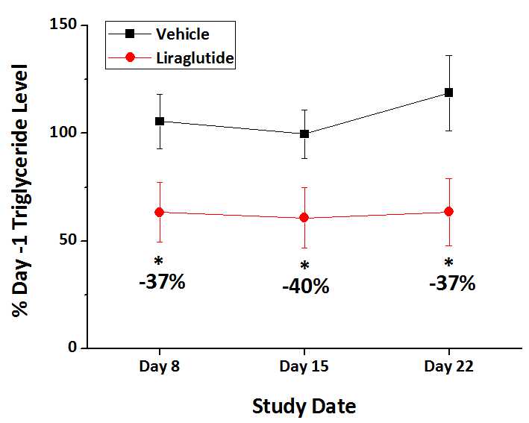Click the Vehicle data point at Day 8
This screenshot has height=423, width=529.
pyautogui.click(x=159, y=121)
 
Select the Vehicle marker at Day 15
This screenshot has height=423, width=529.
pyautogui.click(x=304, y=134)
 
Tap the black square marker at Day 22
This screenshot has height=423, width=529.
pyautogui.click(x=449, y=93)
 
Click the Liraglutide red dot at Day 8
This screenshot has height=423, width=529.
pyautogui.click(x=159, y=212)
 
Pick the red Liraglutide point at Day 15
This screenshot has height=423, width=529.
pyautogui.click(x=304, y=218)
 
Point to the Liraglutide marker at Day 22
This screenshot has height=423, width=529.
pyautogui.click(x=449, y=211)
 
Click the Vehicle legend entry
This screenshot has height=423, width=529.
pyautogui.click(x=182, y=34)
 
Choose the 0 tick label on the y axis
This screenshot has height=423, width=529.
pyautogui.click(x=73, y=348)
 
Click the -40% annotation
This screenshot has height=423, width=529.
pyautogui.click(x=305, y=286)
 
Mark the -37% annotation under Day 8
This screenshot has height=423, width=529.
pyautogui.click(x=161, y=283)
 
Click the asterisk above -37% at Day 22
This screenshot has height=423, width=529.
pyautogui.click(x=449, y=263)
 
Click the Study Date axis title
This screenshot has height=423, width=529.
pyautogui.click(x=304, y=407)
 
